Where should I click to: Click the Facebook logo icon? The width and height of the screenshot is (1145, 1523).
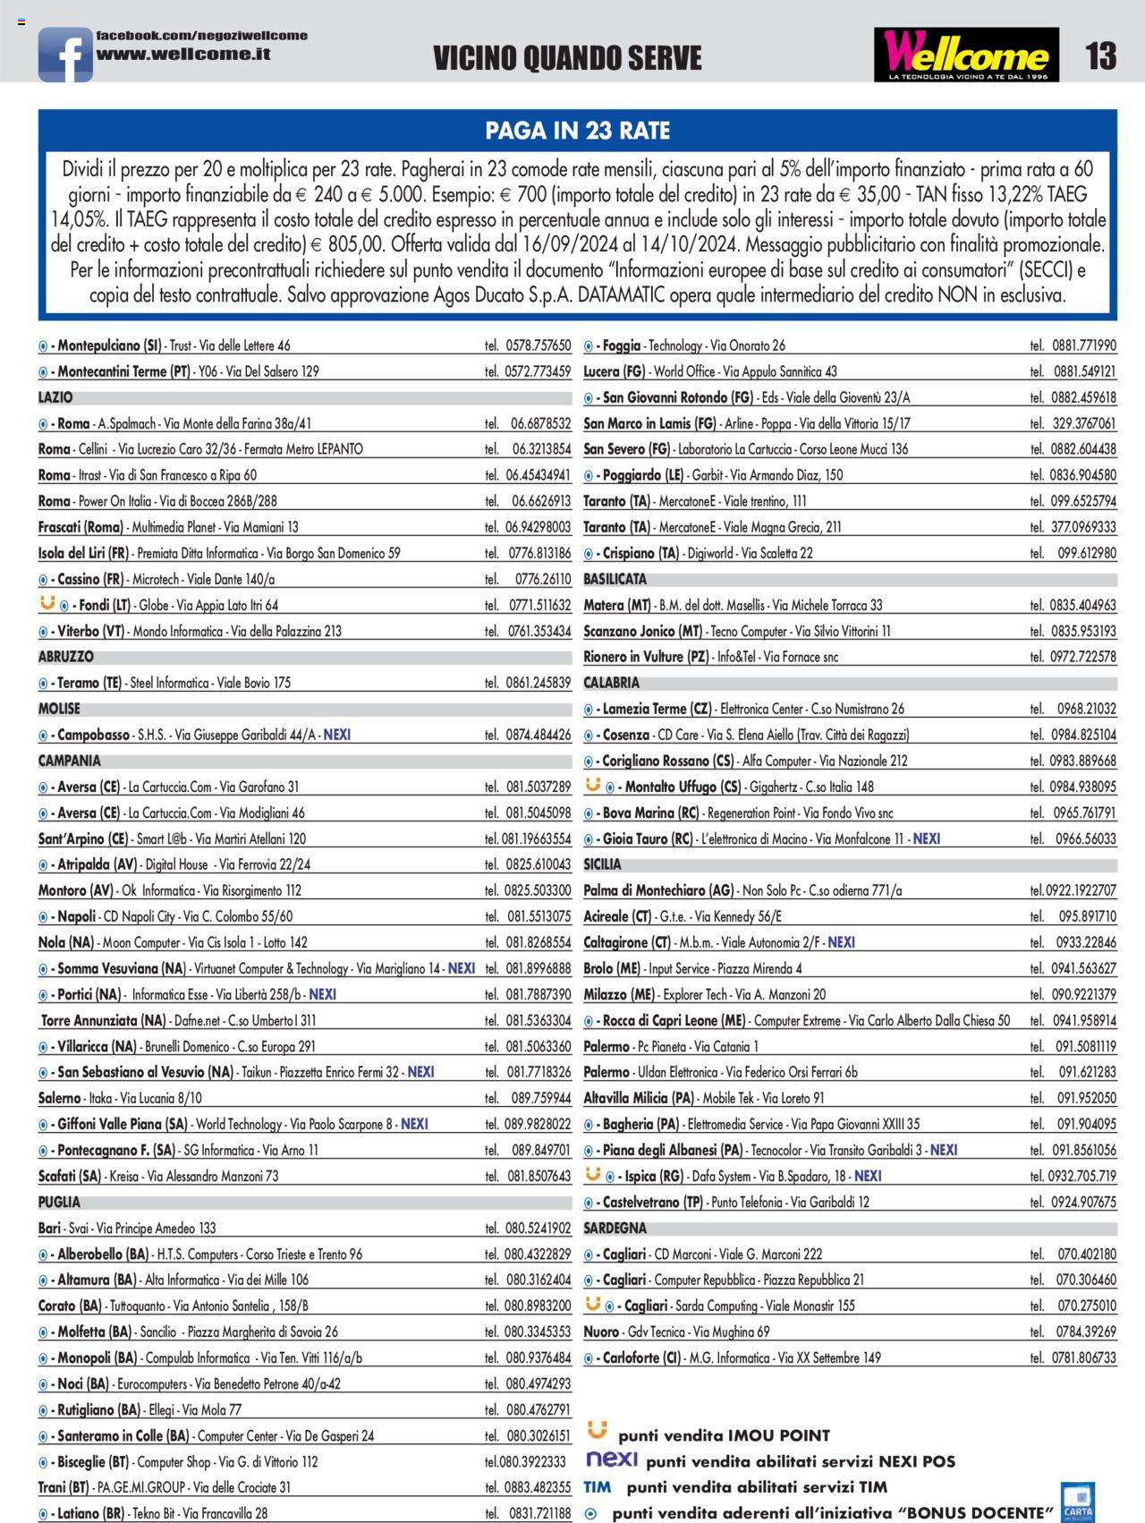[64, 55]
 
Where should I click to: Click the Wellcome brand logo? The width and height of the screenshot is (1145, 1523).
[966, 55]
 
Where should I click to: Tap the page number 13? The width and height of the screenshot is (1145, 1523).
[1100, 56]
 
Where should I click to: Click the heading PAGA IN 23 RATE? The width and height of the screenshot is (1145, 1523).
[577, 131]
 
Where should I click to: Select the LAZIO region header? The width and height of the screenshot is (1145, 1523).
[55, 397]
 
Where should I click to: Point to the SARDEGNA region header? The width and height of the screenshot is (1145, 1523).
[615, 1228]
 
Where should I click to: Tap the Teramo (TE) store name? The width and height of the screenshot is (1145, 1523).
[89, 683]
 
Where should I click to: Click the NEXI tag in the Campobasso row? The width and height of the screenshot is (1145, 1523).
[337, 735]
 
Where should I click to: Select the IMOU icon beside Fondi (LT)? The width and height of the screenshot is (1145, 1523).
[48, 604]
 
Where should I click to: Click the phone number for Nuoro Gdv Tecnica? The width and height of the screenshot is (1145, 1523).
[1086, 1332]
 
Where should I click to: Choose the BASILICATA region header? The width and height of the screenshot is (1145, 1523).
[615, 579]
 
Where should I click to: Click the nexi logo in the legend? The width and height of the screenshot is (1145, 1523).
[612, 1459]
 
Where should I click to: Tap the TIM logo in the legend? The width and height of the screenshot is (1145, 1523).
[598, 1487]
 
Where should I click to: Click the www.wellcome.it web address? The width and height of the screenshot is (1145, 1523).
[183, 54]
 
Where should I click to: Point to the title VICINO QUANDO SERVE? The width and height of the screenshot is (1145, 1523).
[567, 59]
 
